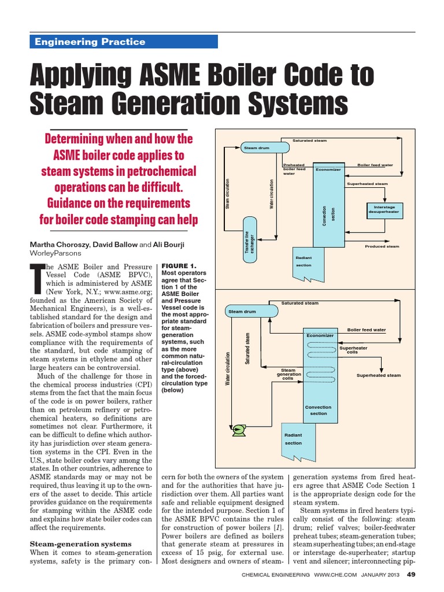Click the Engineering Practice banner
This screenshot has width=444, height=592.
pos(123,42)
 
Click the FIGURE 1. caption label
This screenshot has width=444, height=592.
pos(179,265)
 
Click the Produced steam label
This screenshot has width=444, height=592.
pos(382,246)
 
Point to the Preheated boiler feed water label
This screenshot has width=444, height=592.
pos(295,169)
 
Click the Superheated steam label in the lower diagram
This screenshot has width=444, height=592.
pos(379,375)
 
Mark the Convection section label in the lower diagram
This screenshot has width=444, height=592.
pos(318,410)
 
